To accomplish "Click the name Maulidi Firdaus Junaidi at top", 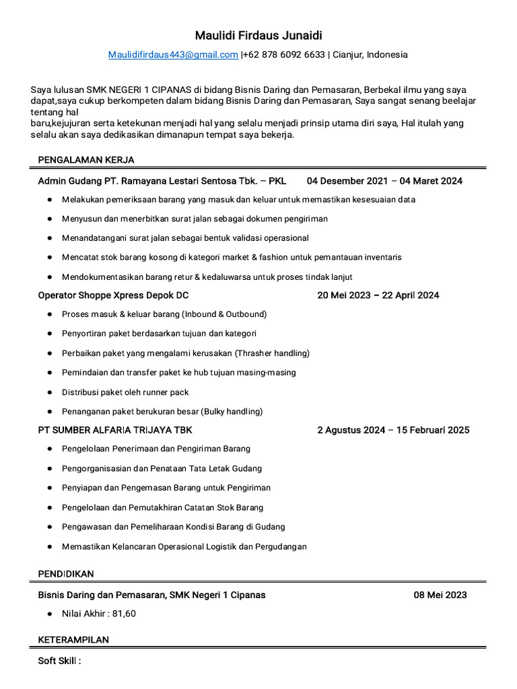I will [258, 35].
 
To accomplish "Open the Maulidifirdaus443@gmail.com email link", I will [173, 55].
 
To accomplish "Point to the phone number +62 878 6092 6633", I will [284, 55].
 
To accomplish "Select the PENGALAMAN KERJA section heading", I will [86, 159].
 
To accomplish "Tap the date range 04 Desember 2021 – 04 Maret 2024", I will [384, 181].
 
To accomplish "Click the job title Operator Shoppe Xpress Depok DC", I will [113, 295].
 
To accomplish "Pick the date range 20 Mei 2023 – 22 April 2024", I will [378, 295].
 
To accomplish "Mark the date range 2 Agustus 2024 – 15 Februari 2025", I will [393, 430].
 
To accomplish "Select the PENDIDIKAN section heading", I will [66, 574].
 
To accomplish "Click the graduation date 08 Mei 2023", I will [440, 595].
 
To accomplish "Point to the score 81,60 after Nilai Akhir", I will [124, 614].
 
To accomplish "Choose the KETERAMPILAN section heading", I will [73, 640].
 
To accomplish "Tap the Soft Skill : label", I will [59, 661].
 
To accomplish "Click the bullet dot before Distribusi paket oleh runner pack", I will [50, 392].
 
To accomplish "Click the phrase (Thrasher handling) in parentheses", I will [272, 353].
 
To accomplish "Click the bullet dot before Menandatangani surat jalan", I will [50, 238].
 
